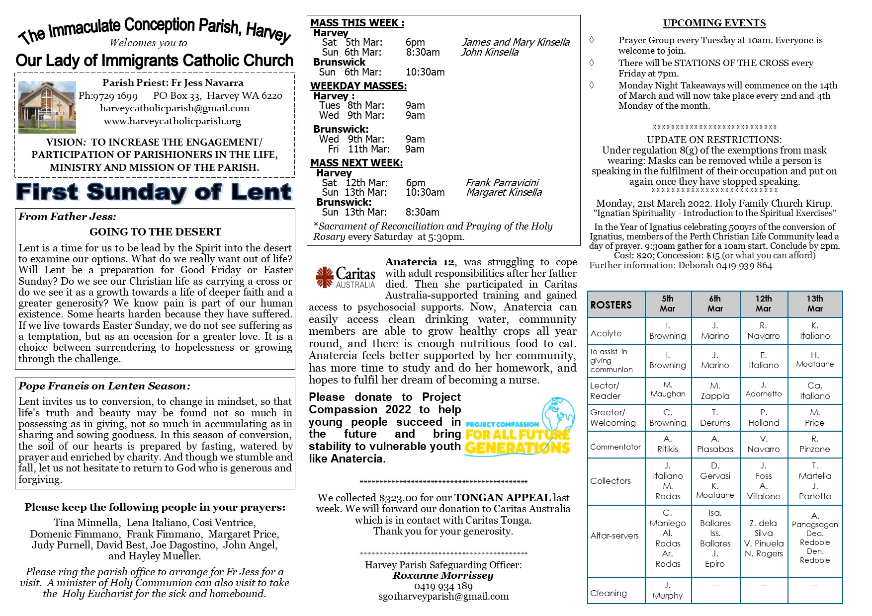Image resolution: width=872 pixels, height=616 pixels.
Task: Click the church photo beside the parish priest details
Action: [x=47, y=107]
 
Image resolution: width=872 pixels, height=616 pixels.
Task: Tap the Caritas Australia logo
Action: [x=346, y=277]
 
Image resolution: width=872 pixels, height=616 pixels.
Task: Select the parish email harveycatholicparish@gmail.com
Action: [x=174, y=108]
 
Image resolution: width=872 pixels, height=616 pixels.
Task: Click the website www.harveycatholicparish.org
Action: [x=173, y=121]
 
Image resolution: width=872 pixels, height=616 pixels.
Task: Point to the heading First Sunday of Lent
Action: [x=154, y=192]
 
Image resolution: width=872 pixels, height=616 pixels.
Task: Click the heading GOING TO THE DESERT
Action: [x=155, y=232]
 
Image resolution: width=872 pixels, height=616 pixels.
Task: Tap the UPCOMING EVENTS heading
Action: [x=714, y=23]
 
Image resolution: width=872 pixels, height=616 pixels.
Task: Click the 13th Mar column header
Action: [x=814, y=304]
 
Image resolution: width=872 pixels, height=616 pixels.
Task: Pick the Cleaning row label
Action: [x=609, y=593]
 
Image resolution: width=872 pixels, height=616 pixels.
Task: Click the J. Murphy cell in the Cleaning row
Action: [x=667, y=590]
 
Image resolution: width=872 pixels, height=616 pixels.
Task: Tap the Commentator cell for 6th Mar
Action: [x=714, y=444]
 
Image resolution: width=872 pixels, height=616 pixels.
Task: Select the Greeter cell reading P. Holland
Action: [x=763, y=418]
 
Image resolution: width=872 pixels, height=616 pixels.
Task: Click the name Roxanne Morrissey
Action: [x=443, y=575]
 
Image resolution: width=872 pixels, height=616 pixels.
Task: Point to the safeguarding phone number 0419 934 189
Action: [x=443, y=586]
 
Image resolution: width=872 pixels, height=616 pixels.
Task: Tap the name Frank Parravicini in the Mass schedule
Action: [x=502, y=183]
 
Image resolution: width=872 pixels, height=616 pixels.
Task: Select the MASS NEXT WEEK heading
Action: [x=356, y=163]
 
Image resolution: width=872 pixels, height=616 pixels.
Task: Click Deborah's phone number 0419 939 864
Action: [x=744, y=265]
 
